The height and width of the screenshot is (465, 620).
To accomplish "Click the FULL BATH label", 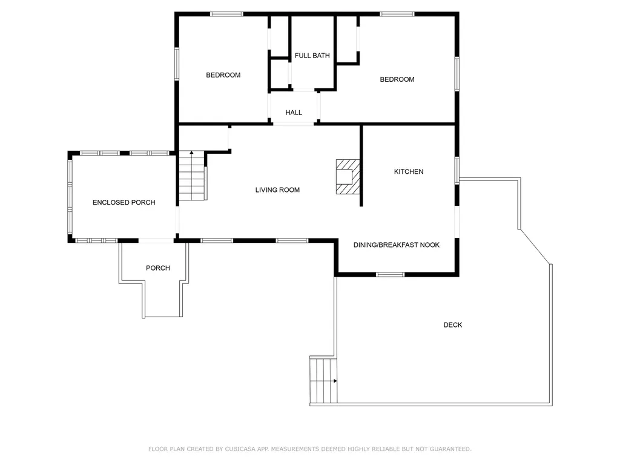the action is (312, 56).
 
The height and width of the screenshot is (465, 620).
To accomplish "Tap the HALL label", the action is (294, 113).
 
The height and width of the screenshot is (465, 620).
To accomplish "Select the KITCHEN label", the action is (409, 171).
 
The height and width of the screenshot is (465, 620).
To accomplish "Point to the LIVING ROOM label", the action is (277, 190).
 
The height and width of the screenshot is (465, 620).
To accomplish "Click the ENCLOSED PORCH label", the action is (124, 202).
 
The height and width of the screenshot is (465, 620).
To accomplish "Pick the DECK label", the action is (453, 325).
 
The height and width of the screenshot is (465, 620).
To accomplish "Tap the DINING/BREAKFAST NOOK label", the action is (396, 245).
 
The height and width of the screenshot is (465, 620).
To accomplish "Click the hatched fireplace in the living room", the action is (348, 177).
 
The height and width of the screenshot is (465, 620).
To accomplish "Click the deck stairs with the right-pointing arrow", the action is (323, 380).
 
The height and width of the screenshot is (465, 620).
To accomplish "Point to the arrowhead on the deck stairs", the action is (335, 381).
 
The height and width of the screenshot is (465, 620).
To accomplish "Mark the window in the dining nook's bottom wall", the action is (391, 274).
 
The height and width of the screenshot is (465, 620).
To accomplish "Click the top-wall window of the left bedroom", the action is (226, 15).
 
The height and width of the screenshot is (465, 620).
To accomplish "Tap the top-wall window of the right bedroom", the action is (397, 15).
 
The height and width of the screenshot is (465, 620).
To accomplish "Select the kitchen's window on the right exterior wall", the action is (457, 170).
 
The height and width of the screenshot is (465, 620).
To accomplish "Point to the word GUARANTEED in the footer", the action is (450, 449).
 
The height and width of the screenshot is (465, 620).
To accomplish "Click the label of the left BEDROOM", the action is (223, 75).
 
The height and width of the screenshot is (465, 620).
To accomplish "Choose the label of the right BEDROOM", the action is (397, 79).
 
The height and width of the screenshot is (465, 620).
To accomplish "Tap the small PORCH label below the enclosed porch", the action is (158, 268).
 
